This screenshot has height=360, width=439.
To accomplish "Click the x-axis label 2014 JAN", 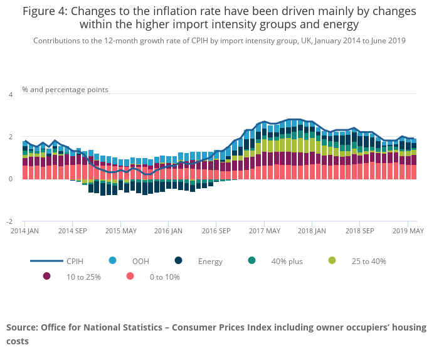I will [x=24, y=231].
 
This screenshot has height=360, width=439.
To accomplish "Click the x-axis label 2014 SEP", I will [x=72, y=231].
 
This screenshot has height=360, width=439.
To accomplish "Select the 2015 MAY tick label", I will [x=121, y=231].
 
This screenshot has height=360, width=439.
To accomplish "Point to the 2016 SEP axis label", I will [x=216, y=231].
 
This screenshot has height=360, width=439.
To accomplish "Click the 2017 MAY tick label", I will [x=265, y=231].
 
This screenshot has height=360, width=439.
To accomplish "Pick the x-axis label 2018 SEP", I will [x=359, y=231].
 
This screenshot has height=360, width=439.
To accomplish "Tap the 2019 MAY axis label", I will [x=408, y=231].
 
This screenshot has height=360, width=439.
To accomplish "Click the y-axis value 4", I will [x=10, y=95].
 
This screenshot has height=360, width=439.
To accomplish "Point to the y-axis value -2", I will [x=9, y=221].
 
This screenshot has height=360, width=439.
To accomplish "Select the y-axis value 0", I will [x=10, y=179].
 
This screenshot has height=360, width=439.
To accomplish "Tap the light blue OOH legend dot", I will [x=113, y=261].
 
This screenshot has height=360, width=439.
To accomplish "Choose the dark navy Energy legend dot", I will [x=179, y=261].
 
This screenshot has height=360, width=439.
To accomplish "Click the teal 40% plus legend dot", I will [x=252, y=261].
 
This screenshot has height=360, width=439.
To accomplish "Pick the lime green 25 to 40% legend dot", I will [x=332, y=261].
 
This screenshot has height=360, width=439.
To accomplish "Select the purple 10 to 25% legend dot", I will [x=46, y=276].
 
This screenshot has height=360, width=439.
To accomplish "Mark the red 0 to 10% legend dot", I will [x=130, y=276].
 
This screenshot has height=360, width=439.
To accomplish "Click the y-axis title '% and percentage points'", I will [x=65, y=90].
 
